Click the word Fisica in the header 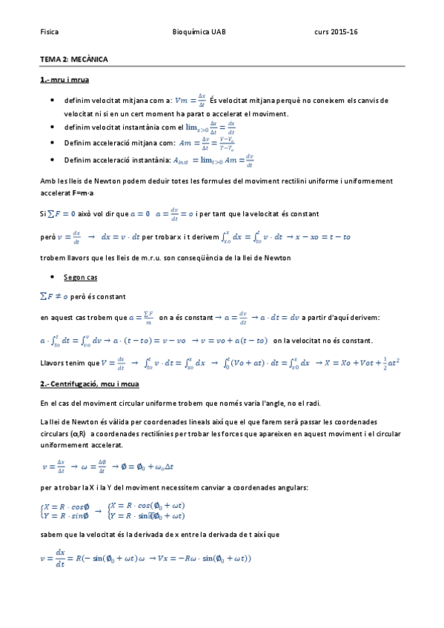tap(49, 33)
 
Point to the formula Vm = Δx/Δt tap(190, 99)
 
